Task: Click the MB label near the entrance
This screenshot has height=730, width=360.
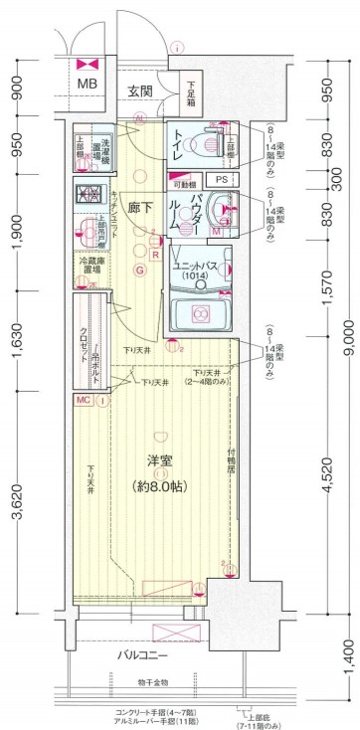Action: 89,84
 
